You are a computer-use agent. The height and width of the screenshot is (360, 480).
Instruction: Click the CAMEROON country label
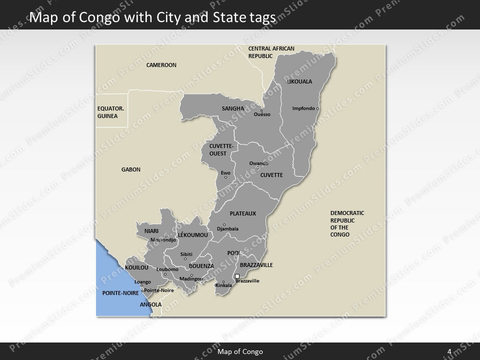coord(161,65)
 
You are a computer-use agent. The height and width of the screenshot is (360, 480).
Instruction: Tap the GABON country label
coord(131,169)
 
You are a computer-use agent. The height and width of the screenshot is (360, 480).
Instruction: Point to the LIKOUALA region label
coord(299,81)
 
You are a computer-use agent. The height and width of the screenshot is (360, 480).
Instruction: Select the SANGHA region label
coord(232,108)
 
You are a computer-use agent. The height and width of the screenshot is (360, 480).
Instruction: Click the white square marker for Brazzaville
coord(237,276)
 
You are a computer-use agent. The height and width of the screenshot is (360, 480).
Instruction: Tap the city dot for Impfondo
coord(318,108)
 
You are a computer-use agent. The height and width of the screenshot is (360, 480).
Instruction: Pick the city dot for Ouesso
coord(261,110)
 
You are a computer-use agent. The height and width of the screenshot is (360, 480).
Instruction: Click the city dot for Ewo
coord(225,177)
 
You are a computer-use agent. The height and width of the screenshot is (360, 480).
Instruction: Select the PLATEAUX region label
coord(242,213)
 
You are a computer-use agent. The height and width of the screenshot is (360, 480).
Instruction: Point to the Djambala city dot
coord(224,224)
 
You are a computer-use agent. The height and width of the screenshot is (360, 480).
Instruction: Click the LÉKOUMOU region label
coord(192,234)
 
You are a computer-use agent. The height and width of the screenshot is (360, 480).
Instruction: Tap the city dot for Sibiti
coord(185,258)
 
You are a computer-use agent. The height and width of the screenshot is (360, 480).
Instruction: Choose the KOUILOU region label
coord(137,268)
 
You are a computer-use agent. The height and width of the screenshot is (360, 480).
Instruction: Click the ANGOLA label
coord(150,304)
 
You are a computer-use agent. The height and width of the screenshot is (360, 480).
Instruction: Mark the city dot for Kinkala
coord(223,281)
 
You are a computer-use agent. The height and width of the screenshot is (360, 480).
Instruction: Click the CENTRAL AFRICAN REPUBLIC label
coord(271,52)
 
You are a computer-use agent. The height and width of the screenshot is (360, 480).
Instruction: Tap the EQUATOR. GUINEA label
coord(110,112)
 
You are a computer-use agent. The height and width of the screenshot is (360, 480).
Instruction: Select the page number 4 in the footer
coord(449,351)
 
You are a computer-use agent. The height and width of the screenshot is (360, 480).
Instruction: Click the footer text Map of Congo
coord(240,351)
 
